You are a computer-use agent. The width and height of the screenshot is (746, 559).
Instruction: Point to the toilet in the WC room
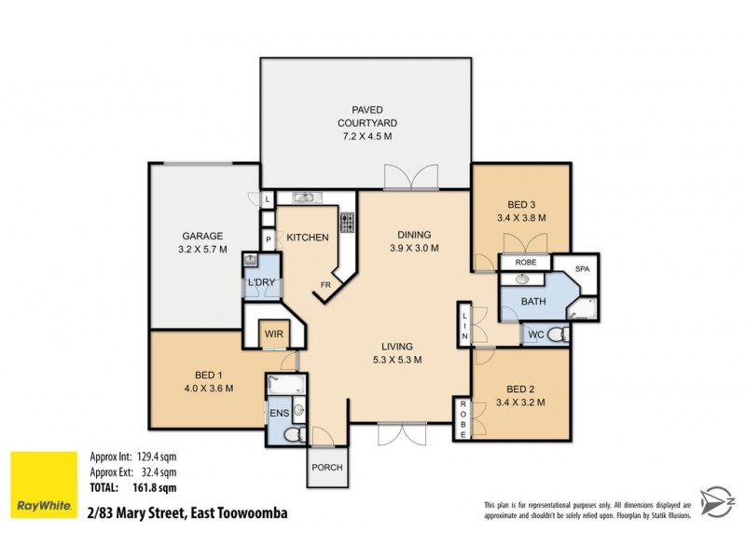pos(557,334)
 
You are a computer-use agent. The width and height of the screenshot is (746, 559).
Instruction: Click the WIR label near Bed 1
pos(273,333)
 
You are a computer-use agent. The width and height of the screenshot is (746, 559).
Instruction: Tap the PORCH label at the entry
pos(326,468)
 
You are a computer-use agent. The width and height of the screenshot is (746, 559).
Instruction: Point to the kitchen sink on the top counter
pos(304,198)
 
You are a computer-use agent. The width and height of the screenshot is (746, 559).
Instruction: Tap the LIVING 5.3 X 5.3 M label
pos(396,353)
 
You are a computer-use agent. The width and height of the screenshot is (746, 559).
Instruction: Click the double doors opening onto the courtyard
pos(410,177)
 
